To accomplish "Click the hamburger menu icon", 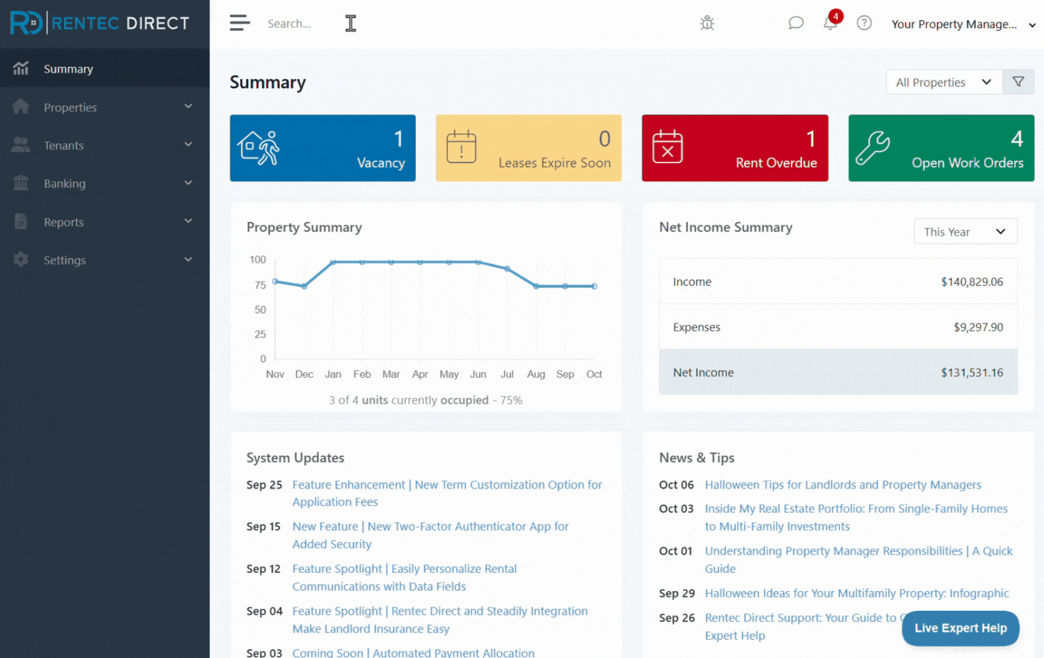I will [x=240, y=23].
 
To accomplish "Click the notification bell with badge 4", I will [x=830, y=23].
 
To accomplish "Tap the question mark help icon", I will [x=864, y=23].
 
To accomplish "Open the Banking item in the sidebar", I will [x=64, y=183].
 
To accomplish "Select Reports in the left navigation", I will [x=63, y=222].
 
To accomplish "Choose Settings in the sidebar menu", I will [x=64, y=260].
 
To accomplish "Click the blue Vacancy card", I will [x=322, y=148].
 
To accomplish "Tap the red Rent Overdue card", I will [x=735, y=148].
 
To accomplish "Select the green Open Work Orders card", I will [x=941, y=148].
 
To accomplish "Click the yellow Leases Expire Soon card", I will [x=528, y=148].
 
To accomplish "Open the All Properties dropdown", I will [x=944, y=82].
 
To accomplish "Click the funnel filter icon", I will [x=1018, y=82].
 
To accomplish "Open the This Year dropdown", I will [x=965, y=232].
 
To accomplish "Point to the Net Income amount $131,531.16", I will [x=972, y=372].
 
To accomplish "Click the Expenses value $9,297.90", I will [x=978, y=327].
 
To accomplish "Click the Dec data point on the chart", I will [x=304, y=286].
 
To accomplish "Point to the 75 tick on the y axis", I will [x=260, y=285].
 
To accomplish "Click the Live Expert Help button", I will [x=960, y=628].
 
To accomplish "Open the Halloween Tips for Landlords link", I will [x=842, y=485].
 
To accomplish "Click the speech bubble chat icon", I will [x=795, y=23].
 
